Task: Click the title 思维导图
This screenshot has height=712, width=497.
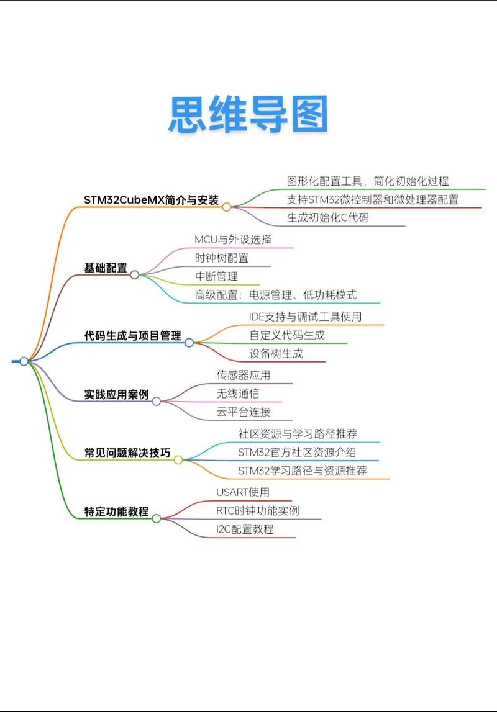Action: [x=248, y=114]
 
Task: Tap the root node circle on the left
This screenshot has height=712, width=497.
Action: [x=24, y=361]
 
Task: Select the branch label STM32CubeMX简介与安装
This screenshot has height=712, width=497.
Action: [x=152, y=200]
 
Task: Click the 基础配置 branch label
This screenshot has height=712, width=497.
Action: [x=106, y=268]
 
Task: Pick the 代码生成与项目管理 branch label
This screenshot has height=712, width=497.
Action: [x=133, y=336]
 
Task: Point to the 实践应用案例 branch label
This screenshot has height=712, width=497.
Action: [x=117, y=394]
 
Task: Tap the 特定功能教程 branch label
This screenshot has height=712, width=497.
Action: [x=117, y=511]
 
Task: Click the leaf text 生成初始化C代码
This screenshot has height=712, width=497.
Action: [x=328, y=218]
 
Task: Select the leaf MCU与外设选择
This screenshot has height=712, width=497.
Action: [x=233, y=239]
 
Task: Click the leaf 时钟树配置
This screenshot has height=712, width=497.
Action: [x=222, y=258]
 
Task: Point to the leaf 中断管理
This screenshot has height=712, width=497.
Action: [x=216, y=276]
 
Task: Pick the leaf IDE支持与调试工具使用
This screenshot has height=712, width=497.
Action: [x=306, y=316]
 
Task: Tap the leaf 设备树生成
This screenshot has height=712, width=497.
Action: [x=276, y=353]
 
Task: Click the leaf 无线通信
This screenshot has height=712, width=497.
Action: [x=238, y=393]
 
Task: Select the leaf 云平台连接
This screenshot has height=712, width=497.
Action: [x=244, y=412]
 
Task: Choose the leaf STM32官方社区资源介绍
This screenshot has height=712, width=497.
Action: [x=297, y=452]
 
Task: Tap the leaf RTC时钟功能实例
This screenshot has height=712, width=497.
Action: [x=258, y=510]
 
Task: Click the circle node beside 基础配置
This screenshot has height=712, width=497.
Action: [x=135, y=274]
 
